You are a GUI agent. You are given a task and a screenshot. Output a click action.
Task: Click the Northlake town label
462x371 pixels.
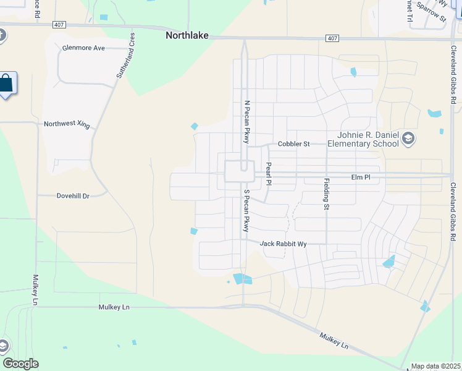[x=185, y=36]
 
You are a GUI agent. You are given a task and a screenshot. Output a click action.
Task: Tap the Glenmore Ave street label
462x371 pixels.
[x=83, y=48]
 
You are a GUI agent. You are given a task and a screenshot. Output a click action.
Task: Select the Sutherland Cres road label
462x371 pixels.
[x=125, y=56]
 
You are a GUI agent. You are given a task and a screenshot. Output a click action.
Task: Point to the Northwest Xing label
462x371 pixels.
[x=67, y=124]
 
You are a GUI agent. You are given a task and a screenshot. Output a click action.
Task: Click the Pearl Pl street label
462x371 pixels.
[x=268, y=174]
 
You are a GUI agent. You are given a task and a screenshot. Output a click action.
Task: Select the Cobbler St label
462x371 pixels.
[x=293, y=144]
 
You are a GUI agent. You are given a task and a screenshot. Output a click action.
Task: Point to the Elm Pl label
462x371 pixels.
[x=360, y=177]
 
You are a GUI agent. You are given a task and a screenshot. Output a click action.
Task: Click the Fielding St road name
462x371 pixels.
[x=326, y=194]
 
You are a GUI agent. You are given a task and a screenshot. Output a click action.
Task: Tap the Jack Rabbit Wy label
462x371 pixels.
[x=283, y=244]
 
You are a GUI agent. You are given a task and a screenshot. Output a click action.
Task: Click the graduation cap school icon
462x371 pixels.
[x=408, y=139]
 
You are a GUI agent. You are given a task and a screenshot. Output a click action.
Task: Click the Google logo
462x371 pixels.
[x=20, y=364]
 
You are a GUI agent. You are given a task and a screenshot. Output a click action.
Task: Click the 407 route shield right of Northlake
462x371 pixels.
[x=332, y=39]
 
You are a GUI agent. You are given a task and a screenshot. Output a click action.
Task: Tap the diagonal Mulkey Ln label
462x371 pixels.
[x=334, y=340]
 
